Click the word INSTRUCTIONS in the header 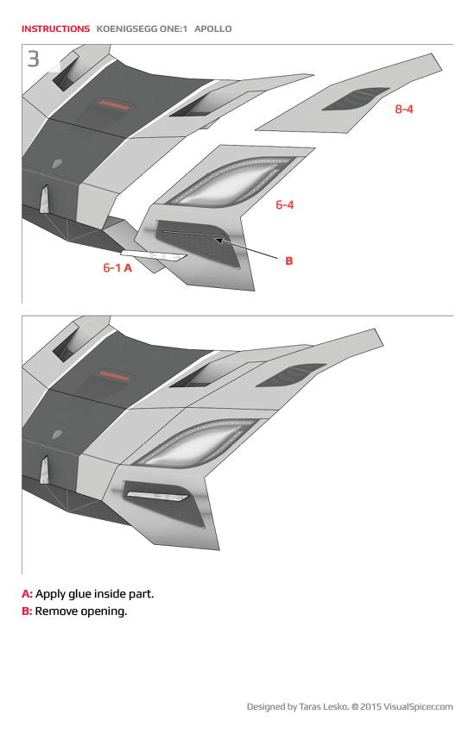click(x=55, y=28)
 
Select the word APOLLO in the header click(x=213, y=28)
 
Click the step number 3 click(x=33, y=60)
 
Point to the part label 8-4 click(x=403, y=110)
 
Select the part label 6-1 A click(x=117, y=268)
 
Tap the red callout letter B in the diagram click(x=289, y=260)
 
